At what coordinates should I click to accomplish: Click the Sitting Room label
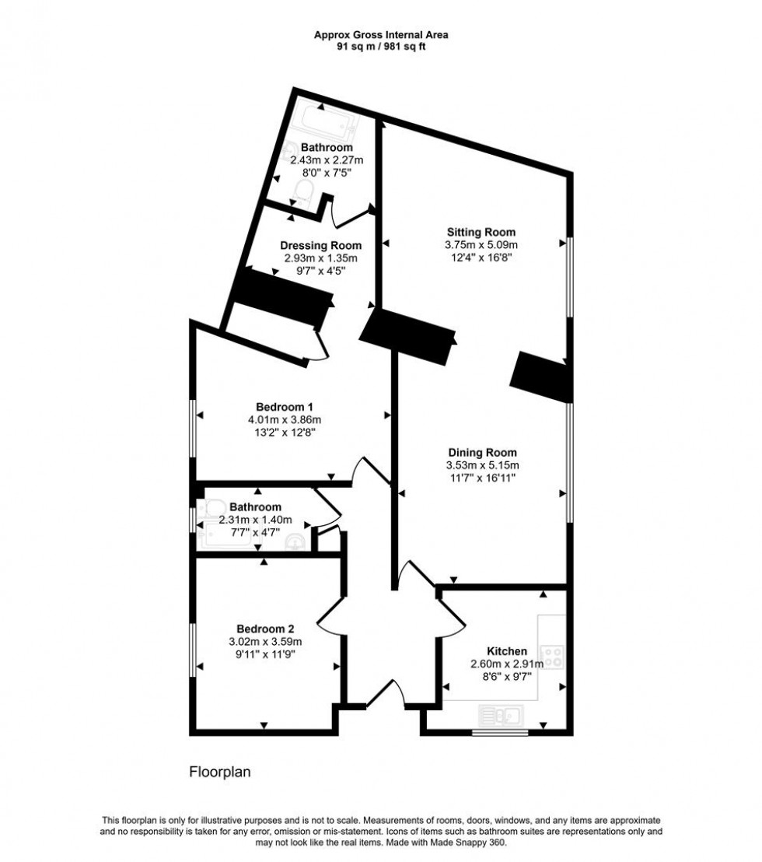click(481, 232)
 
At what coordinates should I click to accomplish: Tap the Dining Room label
click(482, 452)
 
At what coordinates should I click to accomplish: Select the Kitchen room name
click(507, 651)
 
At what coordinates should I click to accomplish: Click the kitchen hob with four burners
click(554, 656)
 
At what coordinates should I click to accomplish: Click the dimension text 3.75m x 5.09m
click(481, 244)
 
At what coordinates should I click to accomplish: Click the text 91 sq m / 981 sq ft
click(381, 46)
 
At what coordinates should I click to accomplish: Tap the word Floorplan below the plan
click(220, 773)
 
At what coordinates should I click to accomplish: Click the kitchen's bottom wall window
click(500, 732)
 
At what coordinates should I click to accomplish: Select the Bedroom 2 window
click(193, 645)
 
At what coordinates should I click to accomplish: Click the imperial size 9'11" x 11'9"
click(265, 654)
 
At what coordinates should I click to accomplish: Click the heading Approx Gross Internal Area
click(381, 34)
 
